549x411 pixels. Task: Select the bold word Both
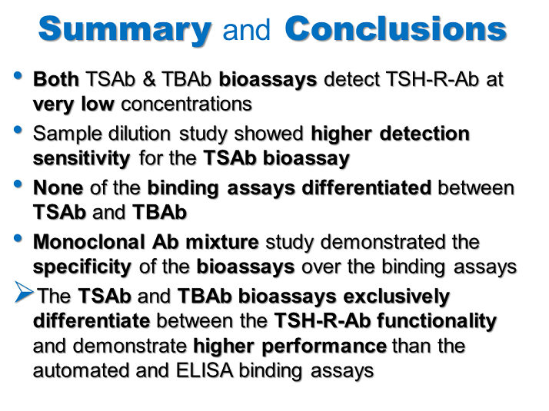pos(58,80)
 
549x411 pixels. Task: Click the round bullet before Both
pos(18,76)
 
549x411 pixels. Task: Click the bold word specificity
pos(82,267)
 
